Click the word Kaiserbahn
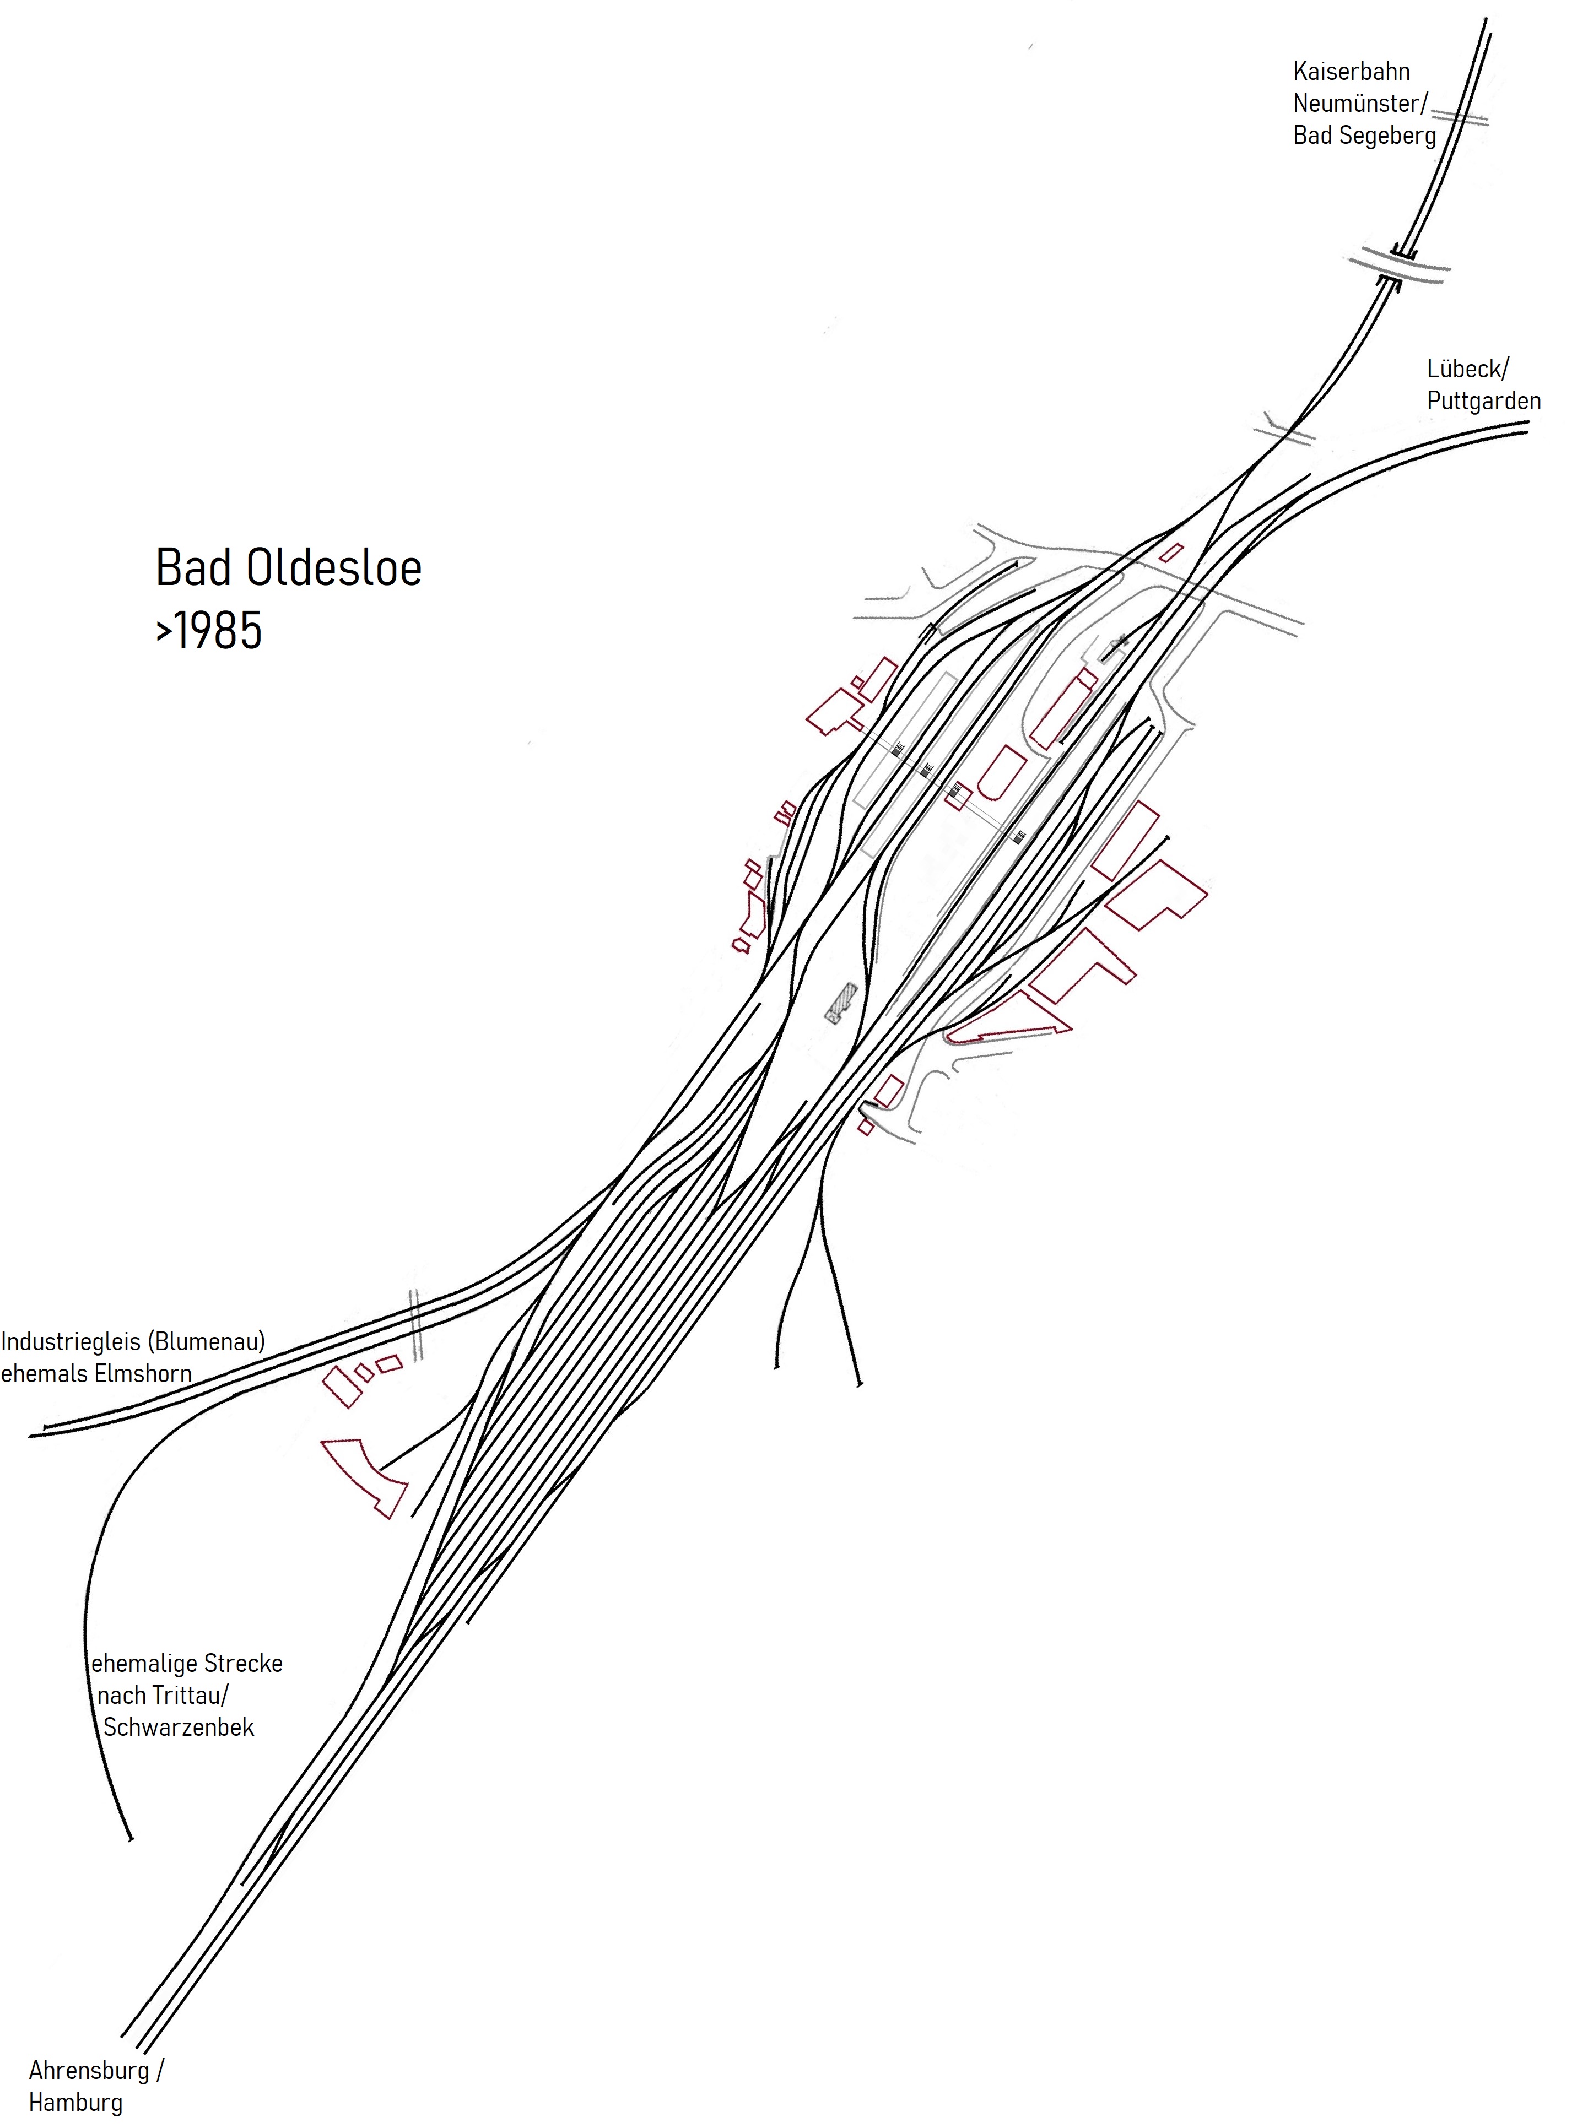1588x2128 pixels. tap(1351, 72)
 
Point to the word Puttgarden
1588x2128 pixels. tap(1483, 402)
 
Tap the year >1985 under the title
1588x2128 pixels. tap(209, 631)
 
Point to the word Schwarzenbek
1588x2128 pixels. tap(179, 1727)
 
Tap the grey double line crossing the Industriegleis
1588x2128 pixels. tap(416, 1324)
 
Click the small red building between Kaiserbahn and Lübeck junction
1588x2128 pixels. tap(1171, 553)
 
